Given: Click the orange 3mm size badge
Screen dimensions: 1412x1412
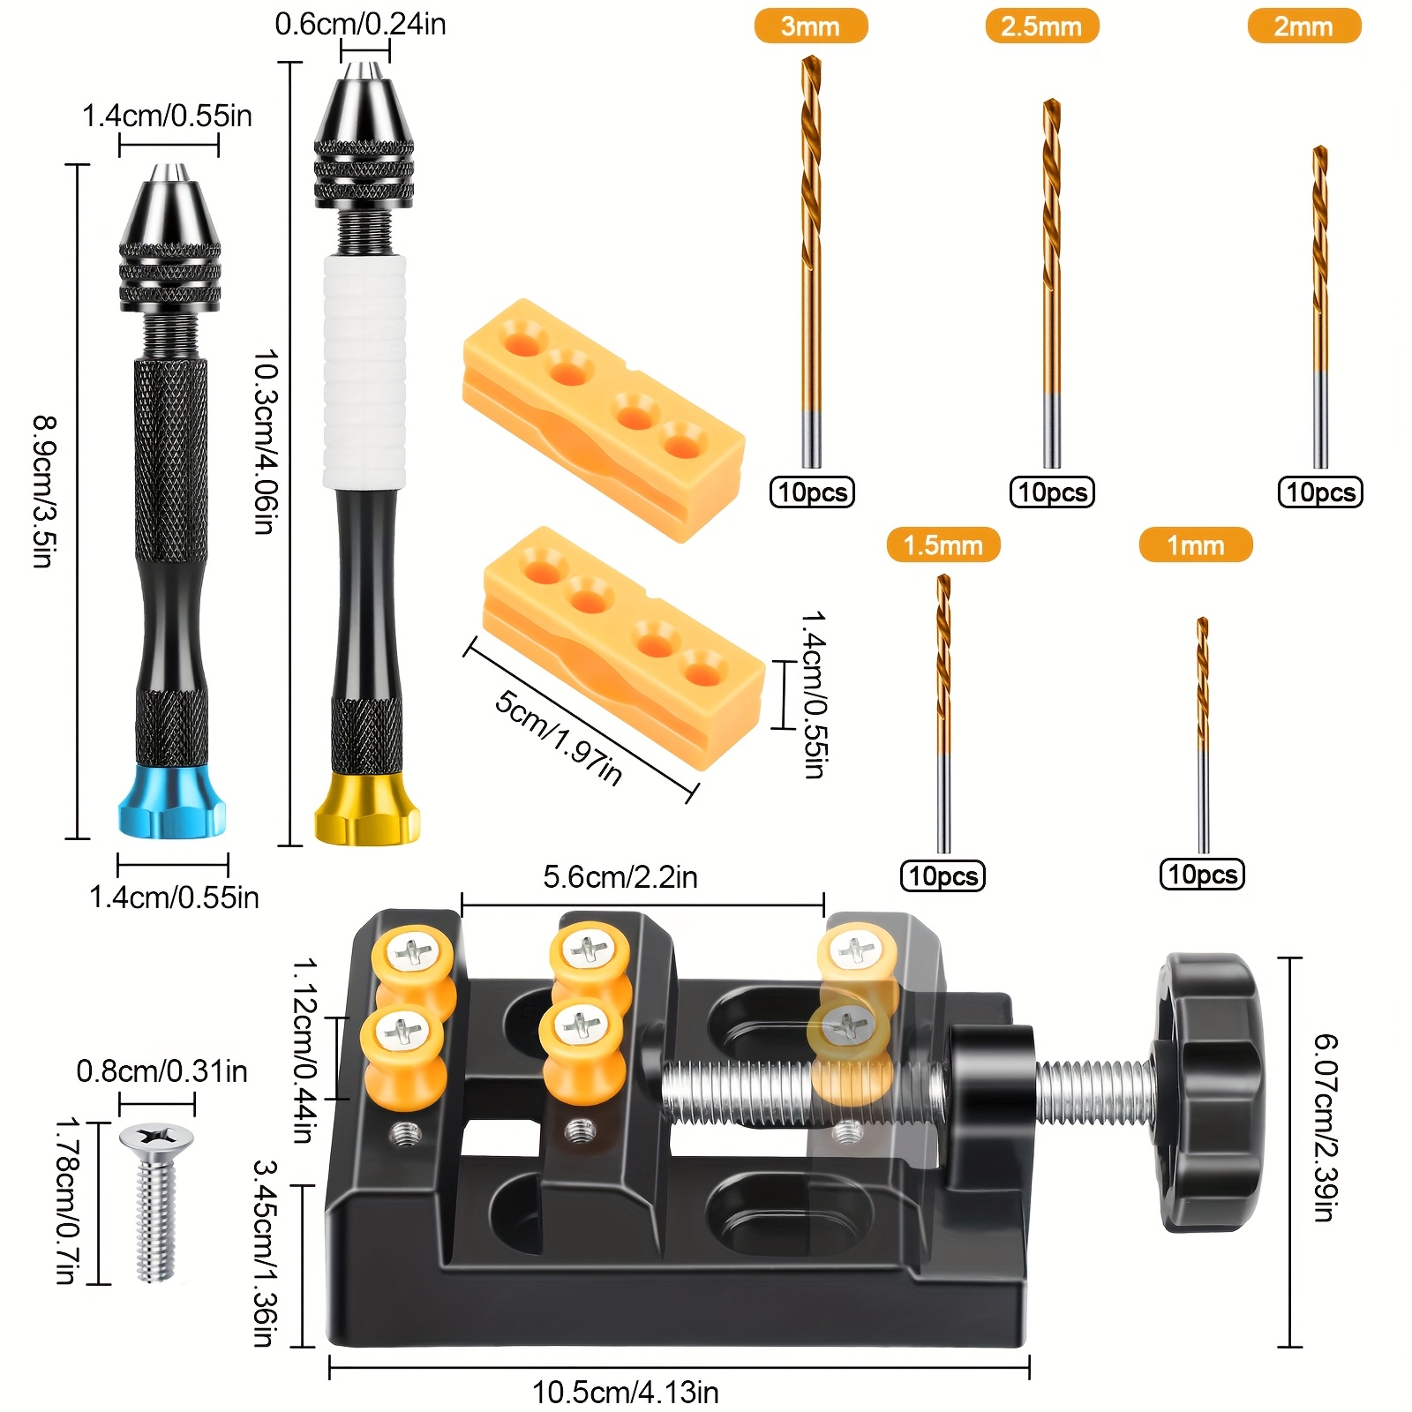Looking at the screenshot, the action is click(810, 26).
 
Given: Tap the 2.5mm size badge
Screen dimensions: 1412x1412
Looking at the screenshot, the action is click(1041, 26).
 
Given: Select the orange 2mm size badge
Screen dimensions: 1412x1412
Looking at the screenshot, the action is click(1303, 26).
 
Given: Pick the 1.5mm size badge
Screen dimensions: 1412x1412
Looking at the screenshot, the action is click(943, 545).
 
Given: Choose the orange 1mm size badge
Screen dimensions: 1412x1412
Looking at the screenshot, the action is click(1196, 545).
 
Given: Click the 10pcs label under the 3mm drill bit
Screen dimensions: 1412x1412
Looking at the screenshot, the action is click(812, 492).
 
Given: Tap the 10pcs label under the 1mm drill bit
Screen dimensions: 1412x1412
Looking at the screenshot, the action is click(1202, 874).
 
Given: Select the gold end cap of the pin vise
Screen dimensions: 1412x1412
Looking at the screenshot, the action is click(367, 809).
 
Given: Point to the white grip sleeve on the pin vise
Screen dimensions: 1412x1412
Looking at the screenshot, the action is click(364, 372).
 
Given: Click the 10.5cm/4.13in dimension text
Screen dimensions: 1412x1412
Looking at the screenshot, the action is click(625, 1393).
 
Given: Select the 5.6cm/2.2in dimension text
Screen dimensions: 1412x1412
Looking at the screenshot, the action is click(620, 877).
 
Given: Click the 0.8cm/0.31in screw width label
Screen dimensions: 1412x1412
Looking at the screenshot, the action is click(162, 1071).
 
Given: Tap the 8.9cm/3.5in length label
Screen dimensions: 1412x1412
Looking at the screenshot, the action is click(44, 492).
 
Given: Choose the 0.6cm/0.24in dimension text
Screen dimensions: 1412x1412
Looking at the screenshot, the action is click(360, 24).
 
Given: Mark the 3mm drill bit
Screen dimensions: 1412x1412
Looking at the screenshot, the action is click(811, 261).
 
